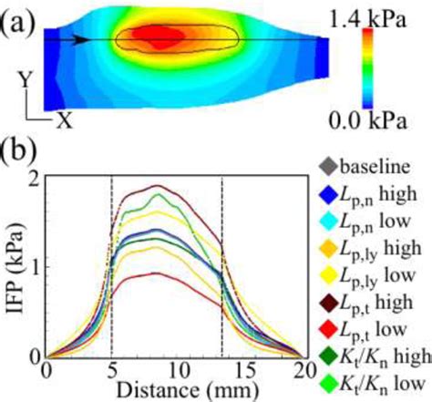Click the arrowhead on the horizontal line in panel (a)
(82, 39)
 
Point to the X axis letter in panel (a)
(65, 119)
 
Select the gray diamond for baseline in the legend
(328, 166)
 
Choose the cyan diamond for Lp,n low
(328, 221)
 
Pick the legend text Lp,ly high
(381, 248)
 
